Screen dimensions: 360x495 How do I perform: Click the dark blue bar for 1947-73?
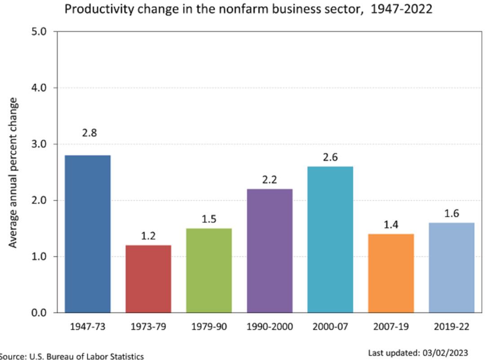pyautogui.click(x=88, y=233)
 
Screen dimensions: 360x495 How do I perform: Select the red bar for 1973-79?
pyautogui.click(x=148, y=279)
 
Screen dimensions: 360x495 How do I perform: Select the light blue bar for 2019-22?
pyautogui.click(x=451, y=268)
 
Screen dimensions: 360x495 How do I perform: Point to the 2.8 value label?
pyautogui.click(x=89, y=133)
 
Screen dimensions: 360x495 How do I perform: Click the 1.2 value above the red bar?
pyautogui.click(x=148, y=236)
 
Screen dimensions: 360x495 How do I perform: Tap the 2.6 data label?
pyautogui.click(x=330, y=157)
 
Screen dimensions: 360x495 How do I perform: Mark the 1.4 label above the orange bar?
pyautogui.click(x=391, y=224)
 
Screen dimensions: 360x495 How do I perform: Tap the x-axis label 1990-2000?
pyautogui.click(x=270, y=326)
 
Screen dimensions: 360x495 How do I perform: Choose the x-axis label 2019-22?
pyautogui.click(x=451, y=326)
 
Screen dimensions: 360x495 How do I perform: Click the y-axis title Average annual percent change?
pyautogui.click(x=13, y=172)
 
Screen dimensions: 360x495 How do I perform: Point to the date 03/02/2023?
pyautogui.click(x=445, y=353)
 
